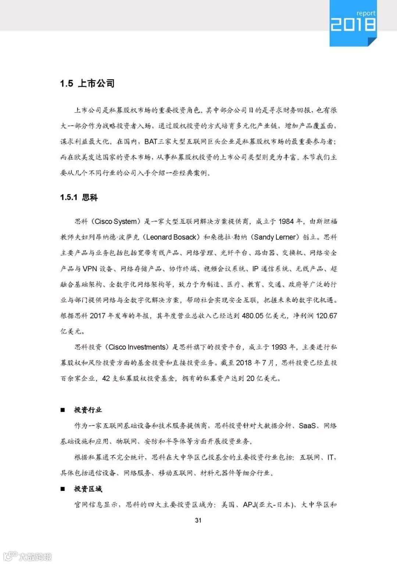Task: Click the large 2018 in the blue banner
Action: click(x=353, y=25)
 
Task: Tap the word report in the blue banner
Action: click(x=366, y=13)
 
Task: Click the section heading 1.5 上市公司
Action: click(x=87, y=83)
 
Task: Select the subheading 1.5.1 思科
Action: click(x=79, y=198)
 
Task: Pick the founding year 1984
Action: click(x=286, y=221)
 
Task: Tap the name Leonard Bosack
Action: click(x=171, y=237)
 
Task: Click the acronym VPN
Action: click(x=90, y=269)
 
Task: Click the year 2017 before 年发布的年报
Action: click(x=97, y=316)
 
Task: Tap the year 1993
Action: click(x=279, y=347)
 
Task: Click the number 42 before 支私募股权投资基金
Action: click(x=106, y=379)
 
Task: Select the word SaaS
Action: click(x=307, y=426)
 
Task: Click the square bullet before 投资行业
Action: click(x=63, y=410)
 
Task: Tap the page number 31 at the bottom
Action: click(x=198, y=520)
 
